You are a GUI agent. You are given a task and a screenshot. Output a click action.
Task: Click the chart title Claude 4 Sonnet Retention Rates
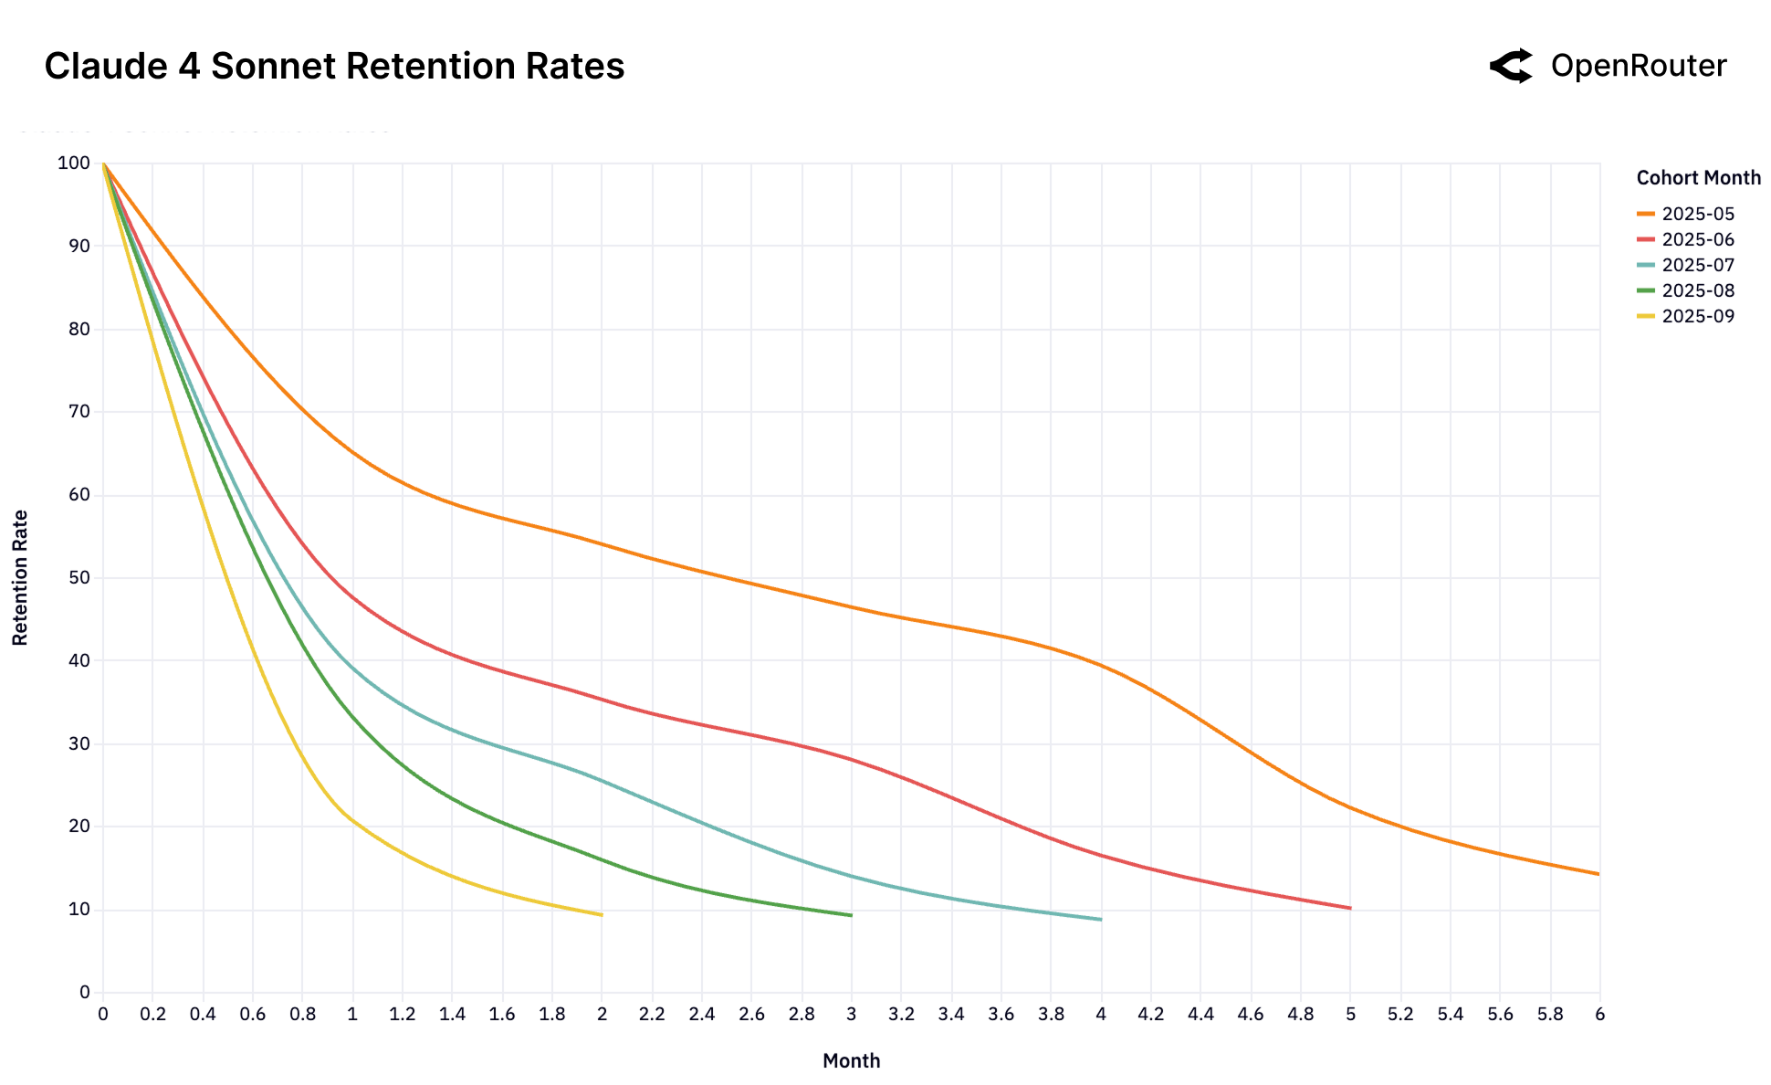(x=334, y=67)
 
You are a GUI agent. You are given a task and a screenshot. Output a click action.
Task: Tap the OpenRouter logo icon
(x=1511, y=66)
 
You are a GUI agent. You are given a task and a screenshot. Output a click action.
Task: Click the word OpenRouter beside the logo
(x=1638, y=66)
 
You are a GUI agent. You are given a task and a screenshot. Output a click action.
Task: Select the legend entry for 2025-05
(x=1697, y=214)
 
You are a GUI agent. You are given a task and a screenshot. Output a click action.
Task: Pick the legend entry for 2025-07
(x=1697, y=265)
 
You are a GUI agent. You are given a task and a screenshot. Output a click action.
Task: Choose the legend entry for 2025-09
(x=1697, y=316)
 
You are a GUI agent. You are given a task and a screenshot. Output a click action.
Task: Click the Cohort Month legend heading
(x=1698, y=178)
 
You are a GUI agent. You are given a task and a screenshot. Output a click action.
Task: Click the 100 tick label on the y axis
(x=74, y=163)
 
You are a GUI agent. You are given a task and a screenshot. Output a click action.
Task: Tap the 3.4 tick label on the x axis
(x=951, y=1014)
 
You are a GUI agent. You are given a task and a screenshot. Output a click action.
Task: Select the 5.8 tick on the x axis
(x=1550, y=1014)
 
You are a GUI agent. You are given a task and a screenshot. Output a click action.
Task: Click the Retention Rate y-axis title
(x=20, y=577)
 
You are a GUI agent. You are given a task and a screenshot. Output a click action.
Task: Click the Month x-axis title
(x=851, y=1060)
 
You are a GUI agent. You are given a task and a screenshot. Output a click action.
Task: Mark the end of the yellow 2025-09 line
(x=602, y=914)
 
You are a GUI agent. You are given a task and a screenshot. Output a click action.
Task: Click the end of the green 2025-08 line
(x=851, y=915)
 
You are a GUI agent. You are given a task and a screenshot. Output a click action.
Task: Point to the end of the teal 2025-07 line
(x=1101, y=919)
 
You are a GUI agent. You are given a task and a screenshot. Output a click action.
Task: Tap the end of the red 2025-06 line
(x=1350, y=908)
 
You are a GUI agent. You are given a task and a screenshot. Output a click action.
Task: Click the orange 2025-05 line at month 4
(x=1101, y=666)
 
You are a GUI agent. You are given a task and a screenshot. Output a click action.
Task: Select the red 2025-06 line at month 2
(x=602, y=700)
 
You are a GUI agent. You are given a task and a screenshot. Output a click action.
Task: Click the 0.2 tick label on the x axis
(x=153, y=1014)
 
